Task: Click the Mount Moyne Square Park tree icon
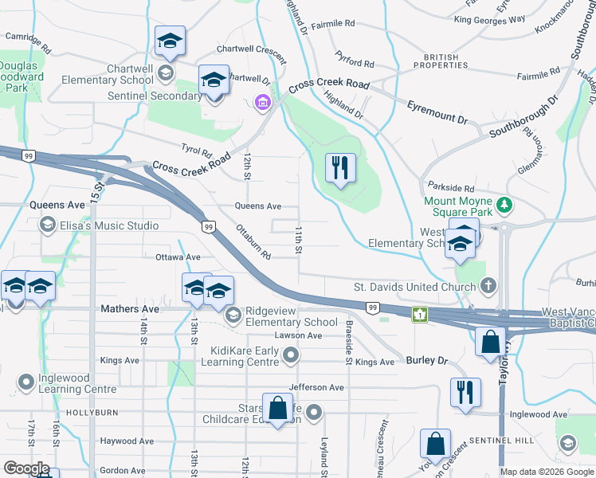pos(504,206)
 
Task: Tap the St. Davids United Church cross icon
pos(488,285)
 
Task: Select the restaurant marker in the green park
pos(340,168)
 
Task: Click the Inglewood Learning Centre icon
pos(26,382)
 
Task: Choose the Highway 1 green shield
pos(420,315)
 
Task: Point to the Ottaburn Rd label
pos(254,243)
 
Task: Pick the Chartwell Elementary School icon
pos(166,74)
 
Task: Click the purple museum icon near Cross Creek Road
pos(261,101)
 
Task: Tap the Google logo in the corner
pos(26,468)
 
